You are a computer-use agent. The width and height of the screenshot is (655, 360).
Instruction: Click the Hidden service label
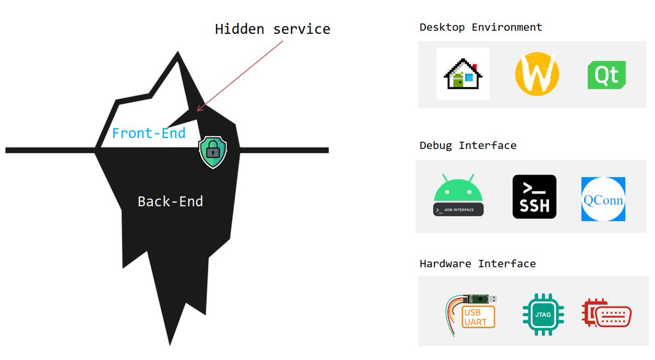[272, 29]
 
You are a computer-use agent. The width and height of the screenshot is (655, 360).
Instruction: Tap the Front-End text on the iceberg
[148, 133]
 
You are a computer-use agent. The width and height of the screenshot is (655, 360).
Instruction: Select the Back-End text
[170, 201]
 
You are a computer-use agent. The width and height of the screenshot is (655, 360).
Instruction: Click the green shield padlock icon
[212, 152]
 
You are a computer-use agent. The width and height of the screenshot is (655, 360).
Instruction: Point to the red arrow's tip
[198, 111]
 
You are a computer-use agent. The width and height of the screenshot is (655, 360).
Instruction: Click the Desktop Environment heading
[481, 27]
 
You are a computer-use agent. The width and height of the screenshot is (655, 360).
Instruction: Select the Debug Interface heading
[468, 146]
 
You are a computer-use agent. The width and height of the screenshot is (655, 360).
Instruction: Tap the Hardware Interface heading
[478, 264]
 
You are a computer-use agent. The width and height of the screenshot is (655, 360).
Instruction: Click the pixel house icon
[463, 74]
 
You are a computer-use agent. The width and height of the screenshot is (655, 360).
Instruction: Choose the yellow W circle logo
[537, 74]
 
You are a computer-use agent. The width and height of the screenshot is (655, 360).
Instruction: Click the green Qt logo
[606, 75]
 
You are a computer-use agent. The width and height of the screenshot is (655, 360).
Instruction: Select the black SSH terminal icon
[534, 197]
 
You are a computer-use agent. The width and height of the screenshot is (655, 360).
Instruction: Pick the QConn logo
[603, 199]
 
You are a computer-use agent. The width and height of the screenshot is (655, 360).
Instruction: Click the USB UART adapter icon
[472, 313]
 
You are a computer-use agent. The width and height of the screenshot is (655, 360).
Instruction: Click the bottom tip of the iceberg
[170, 344]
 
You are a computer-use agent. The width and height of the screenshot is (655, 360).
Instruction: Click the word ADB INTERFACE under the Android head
[459, 209]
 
